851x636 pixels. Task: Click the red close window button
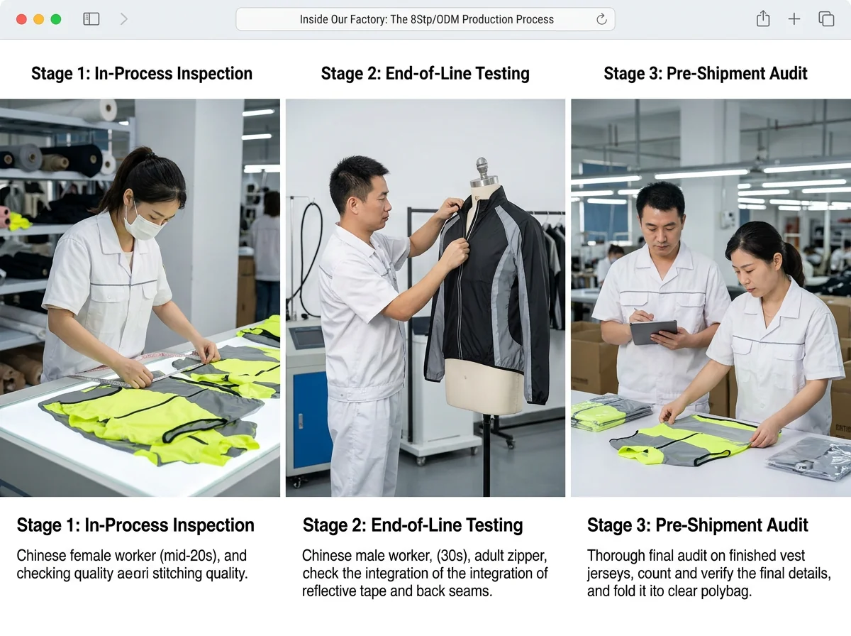[x=21, y=19]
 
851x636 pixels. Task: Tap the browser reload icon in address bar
[x=601, y=19]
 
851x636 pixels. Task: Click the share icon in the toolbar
[x=763, y=19]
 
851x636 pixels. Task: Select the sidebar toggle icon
[x=91, y=19]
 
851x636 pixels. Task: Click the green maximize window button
[x=56, y=19]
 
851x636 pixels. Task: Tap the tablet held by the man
[x=653, y=331]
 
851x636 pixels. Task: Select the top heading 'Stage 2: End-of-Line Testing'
[x=425, y=74]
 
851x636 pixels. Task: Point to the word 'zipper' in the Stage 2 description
[x=525, y=556]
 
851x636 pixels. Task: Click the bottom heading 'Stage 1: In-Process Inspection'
[x=135, y=525]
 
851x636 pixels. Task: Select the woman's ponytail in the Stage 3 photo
[x=794, y=263]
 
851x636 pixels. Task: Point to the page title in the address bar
[x=426, y=19]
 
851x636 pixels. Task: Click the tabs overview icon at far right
[x=826, y=19]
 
